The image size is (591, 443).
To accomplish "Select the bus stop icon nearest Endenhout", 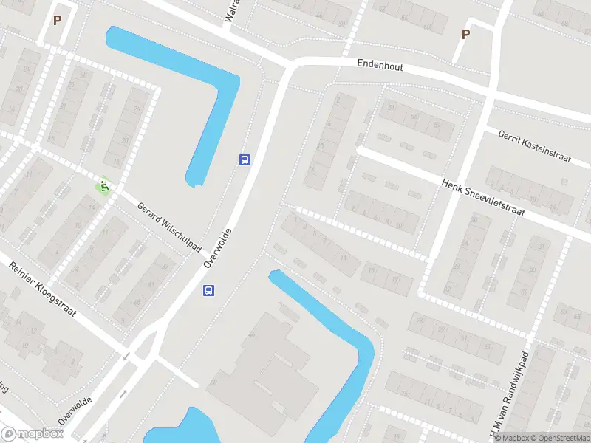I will [245, 159].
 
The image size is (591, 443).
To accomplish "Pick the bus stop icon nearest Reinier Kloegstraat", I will [209, 290].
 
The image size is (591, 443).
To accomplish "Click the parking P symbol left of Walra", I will [57, 20].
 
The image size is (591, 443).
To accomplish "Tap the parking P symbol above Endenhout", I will [465, 34].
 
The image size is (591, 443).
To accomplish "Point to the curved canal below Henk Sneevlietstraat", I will [347, 347].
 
